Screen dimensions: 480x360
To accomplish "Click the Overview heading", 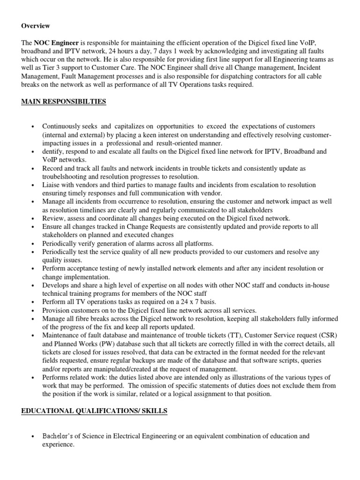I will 36,25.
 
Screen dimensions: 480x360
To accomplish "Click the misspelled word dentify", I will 53,152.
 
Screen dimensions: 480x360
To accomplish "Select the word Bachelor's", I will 60,436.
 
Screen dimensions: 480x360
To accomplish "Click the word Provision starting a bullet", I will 56,310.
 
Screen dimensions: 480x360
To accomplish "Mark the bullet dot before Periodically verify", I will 32,244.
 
